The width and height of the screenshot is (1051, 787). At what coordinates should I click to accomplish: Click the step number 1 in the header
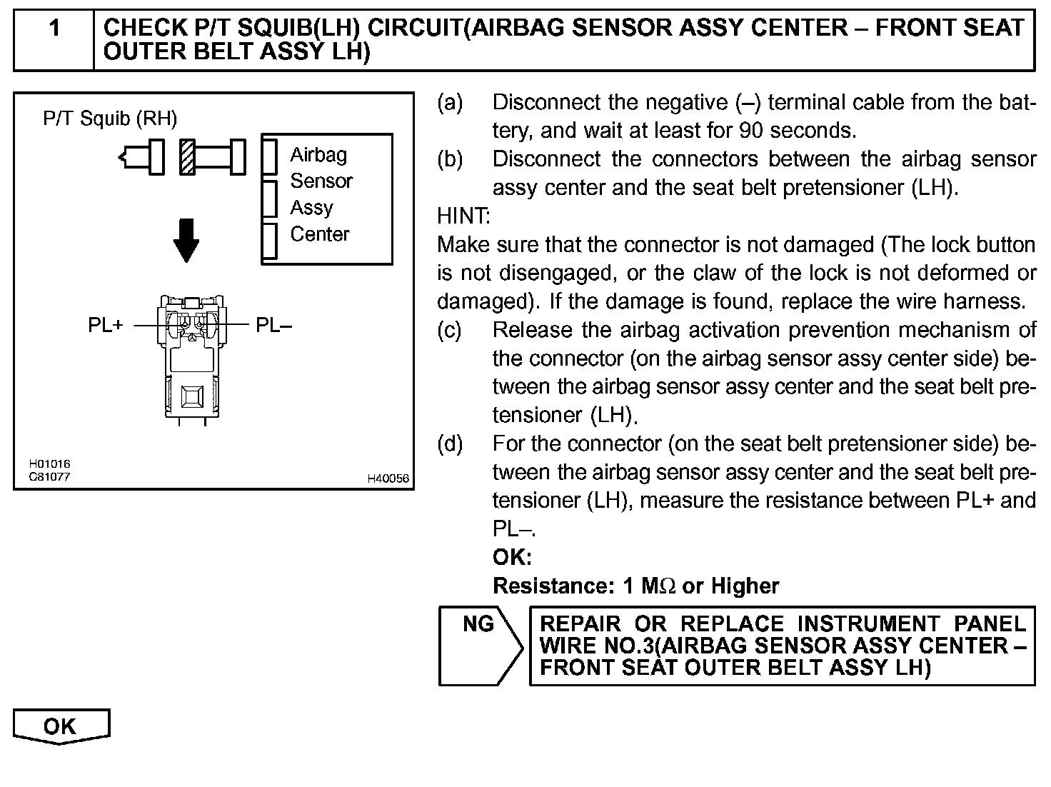coord(54,29)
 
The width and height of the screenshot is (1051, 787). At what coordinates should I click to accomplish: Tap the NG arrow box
coord(479,645)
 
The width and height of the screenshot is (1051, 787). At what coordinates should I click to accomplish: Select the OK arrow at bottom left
coord(61,726)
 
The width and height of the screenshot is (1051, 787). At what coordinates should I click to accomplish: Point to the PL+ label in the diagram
coord(106,326)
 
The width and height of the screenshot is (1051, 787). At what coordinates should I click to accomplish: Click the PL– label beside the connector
coord(274,326)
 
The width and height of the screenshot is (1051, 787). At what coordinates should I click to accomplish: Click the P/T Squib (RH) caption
coord(110,119)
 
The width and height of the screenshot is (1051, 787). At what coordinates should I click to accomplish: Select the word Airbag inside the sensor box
coord(318,155)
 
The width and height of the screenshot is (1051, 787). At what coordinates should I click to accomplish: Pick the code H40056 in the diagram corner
coord(388,478)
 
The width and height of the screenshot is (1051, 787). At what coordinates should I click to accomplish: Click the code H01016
coord(49,464)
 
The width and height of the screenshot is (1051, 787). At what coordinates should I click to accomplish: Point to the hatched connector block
coord(188,156)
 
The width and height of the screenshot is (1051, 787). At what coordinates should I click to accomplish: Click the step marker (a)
coord(450,103)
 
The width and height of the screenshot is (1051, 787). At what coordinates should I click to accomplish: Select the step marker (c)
coord(450,330)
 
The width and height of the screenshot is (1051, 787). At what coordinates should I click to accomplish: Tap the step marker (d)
coord(450,444)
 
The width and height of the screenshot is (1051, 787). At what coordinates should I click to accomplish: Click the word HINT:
coord(464,216)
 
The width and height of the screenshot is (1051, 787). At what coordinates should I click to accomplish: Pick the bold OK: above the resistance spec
coord(512,557)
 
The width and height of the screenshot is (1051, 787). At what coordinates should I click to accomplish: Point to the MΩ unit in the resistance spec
coord(658,586)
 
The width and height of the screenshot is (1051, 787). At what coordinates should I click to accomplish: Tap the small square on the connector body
coord(193,396)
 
